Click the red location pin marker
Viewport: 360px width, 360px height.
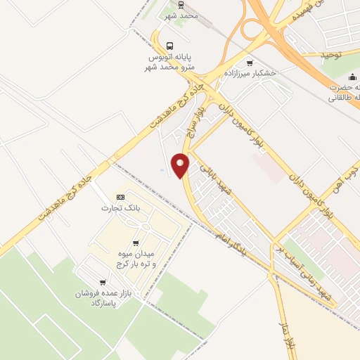click(x=181, y=165)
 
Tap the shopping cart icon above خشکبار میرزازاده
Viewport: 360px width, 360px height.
click(x=250, y=63)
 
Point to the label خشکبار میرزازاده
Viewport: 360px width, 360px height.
click(x=250, y=73)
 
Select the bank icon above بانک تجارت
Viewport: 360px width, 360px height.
click(x=120, y=198)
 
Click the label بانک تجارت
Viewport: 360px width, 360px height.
click(x=117, y=207)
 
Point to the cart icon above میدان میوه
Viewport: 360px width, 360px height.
click(x=136, y=243)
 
